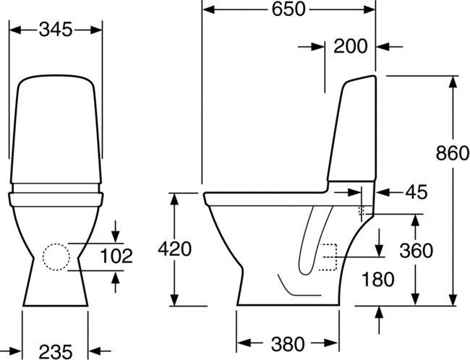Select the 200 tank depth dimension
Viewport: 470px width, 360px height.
[350, 47]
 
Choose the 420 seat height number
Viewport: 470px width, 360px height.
[175, 249]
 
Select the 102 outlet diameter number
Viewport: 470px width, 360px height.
[116, 256]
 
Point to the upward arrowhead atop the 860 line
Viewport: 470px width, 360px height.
[453, 80]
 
